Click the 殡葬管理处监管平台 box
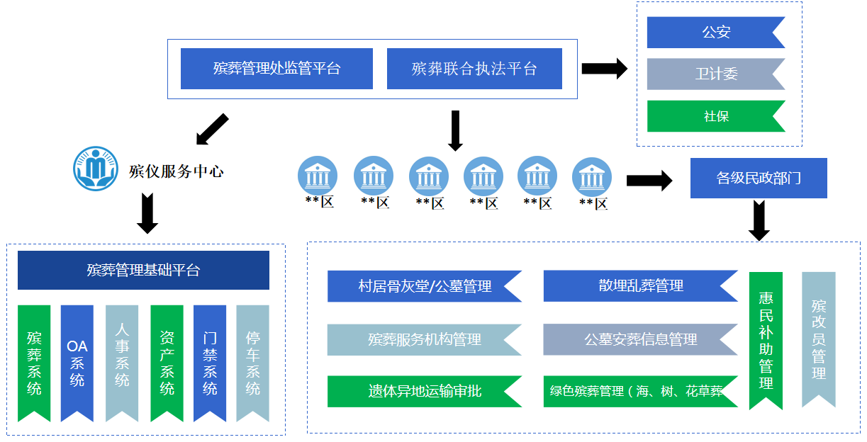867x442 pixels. tap(276, 69)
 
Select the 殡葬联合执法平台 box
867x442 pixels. tap(474, 69)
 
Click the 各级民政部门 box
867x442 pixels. tap(759, 178)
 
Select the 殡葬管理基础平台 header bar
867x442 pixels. tap(143, 270)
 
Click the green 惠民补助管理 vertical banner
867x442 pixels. tap(766, 340)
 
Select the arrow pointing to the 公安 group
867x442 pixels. tap(604, 69)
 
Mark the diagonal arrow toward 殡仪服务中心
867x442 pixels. tap(212, 128)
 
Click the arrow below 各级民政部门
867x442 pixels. tap(759, 220)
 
